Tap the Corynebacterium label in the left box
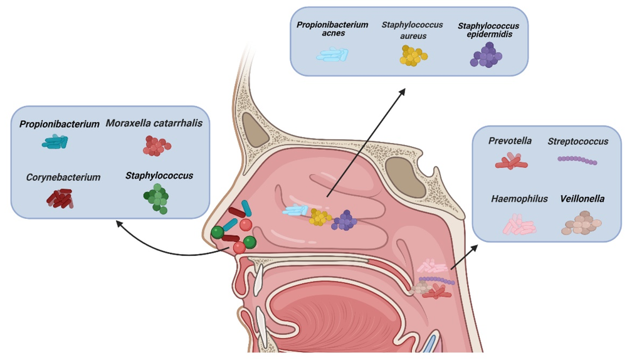tap(63, 177)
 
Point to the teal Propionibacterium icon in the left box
tap(55, 142)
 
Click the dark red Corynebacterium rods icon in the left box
tap(60, 198)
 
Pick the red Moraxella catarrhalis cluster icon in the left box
tap(157, 146)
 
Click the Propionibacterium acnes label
tap(332, 29)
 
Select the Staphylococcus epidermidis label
tap(488, 29)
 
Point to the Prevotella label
tap(510, 141)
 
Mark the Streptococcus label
tap(577, 142)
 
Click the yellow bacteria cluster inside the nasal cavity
tap(320, 217)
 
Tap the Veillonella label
tap(582, 199)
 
